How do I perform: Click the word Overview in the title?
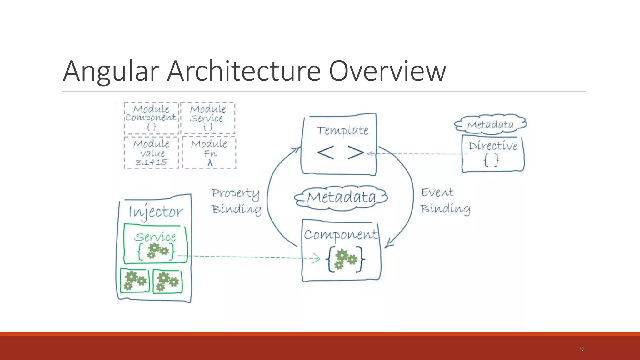tap(387, 71)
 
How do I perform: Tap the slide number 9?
tap(582, 349)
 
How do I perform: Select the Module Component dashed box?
tap(151, 118)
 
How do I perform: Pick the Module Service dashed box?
tap(208, 118)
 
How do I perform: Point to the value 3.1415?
tap(151, 162)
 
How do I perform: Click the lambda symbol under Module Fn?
tap(210, 162)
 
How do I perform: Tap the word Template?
tap(342, 130)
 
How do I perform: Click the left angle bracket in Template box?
tap(326, 153)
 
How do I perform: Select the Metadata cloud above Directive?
tap(490, 125)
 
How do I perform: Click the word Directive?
tap(493, 146)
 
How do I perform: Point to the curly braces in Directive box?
tap(491, 161)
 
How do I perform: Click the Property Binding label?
tap(236, 201)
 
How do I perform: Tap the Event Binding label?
tap(445, 201)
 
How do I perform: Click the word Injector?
tap(156, 212)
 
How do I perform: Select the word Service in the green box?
tap(155, 237)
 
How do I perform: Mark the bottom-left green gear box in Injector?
tap(135, 281)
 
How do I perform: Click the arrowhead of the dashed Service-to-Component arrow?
tap(317, 258)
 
